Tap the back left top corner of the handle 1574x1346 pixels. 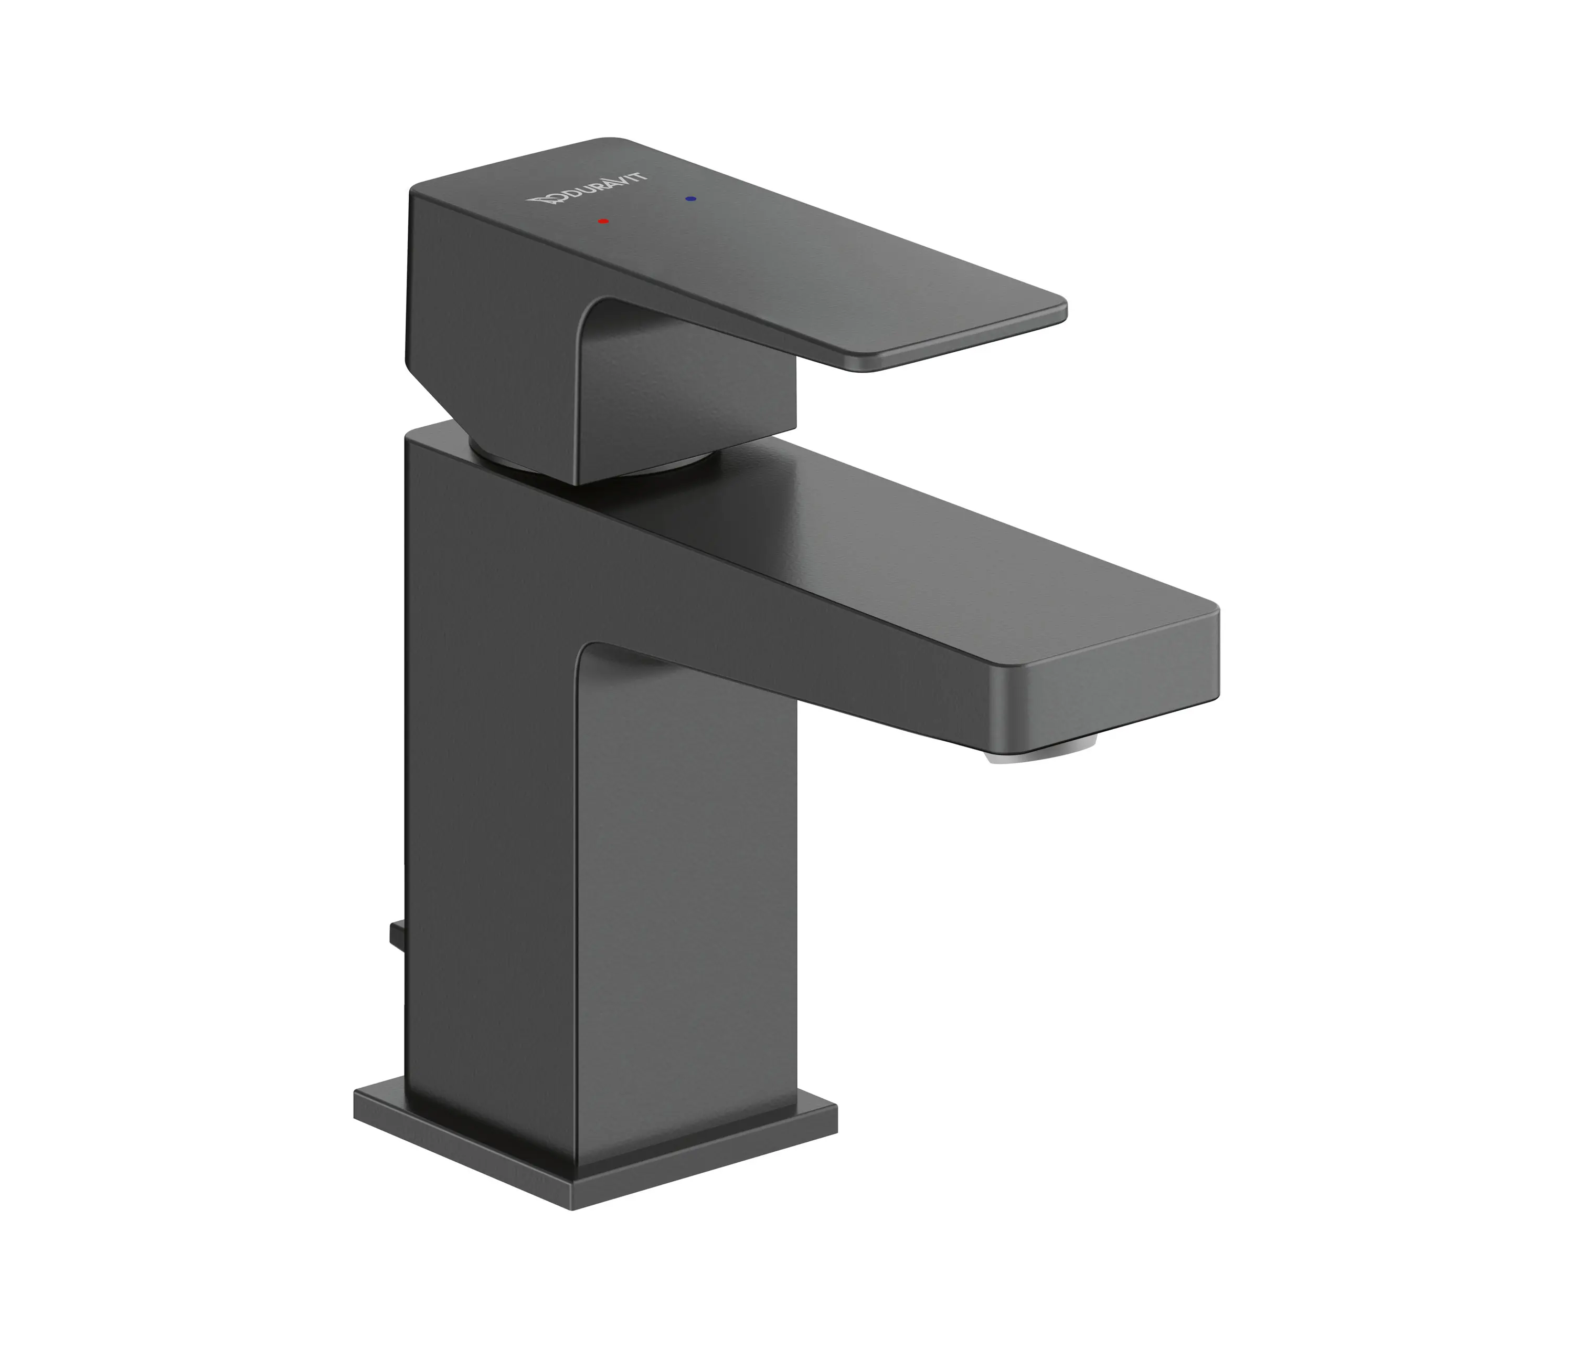pyautogui.click(x=412, y=190)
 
